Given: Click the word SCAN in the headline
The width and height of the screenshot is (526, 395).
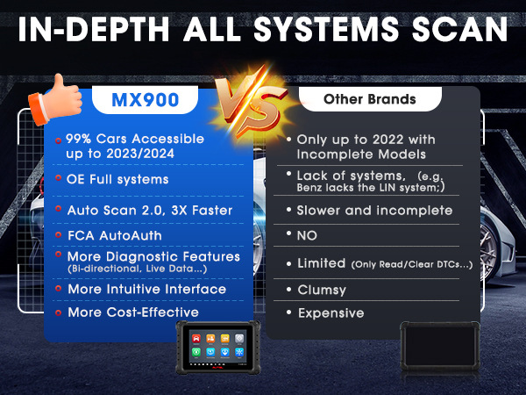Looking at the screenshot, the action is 459,29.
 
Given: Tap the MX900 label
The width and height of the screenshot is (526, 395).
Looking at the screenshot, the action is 145,100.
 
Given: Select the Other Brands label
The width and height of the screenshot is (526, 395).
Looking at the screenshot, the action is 370,99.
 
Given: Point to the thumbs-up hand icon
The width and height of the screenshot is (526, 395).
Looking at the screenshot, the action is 55,99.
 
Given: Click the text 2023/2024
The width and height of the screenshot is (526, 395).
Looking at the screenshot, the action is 140,154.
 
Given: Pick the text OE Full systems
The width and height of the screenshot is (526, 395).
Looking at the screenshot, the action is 117,179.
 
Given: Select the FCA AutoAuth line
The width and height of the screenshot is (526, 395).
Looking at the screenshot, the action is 115,235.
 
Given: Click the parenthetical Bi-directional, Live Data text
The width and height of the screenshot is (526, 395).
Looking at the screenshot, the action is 138,269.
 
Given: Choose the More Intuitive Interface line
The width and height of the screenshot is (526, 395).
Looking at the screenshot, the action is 147,289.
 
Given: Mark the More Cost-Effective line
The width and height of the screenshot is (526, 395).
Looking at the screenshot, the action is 133,312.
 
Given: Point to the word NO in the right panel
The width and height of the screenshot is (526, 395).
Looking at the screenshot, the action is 307,236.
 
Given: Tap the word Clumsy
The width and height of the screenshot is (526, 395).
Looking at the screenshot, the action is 322,291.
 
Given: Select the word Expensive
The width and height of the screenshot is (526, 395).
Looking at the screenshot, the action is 331,313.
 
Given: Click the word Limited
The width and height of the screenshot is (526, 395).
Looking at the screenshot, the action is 322,263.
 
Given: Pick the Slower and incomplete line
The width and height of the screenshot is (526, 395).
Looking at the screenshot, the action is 374,211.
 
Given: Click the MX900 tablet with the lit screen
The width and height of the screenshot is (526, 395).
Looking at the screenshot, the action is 218,348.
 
